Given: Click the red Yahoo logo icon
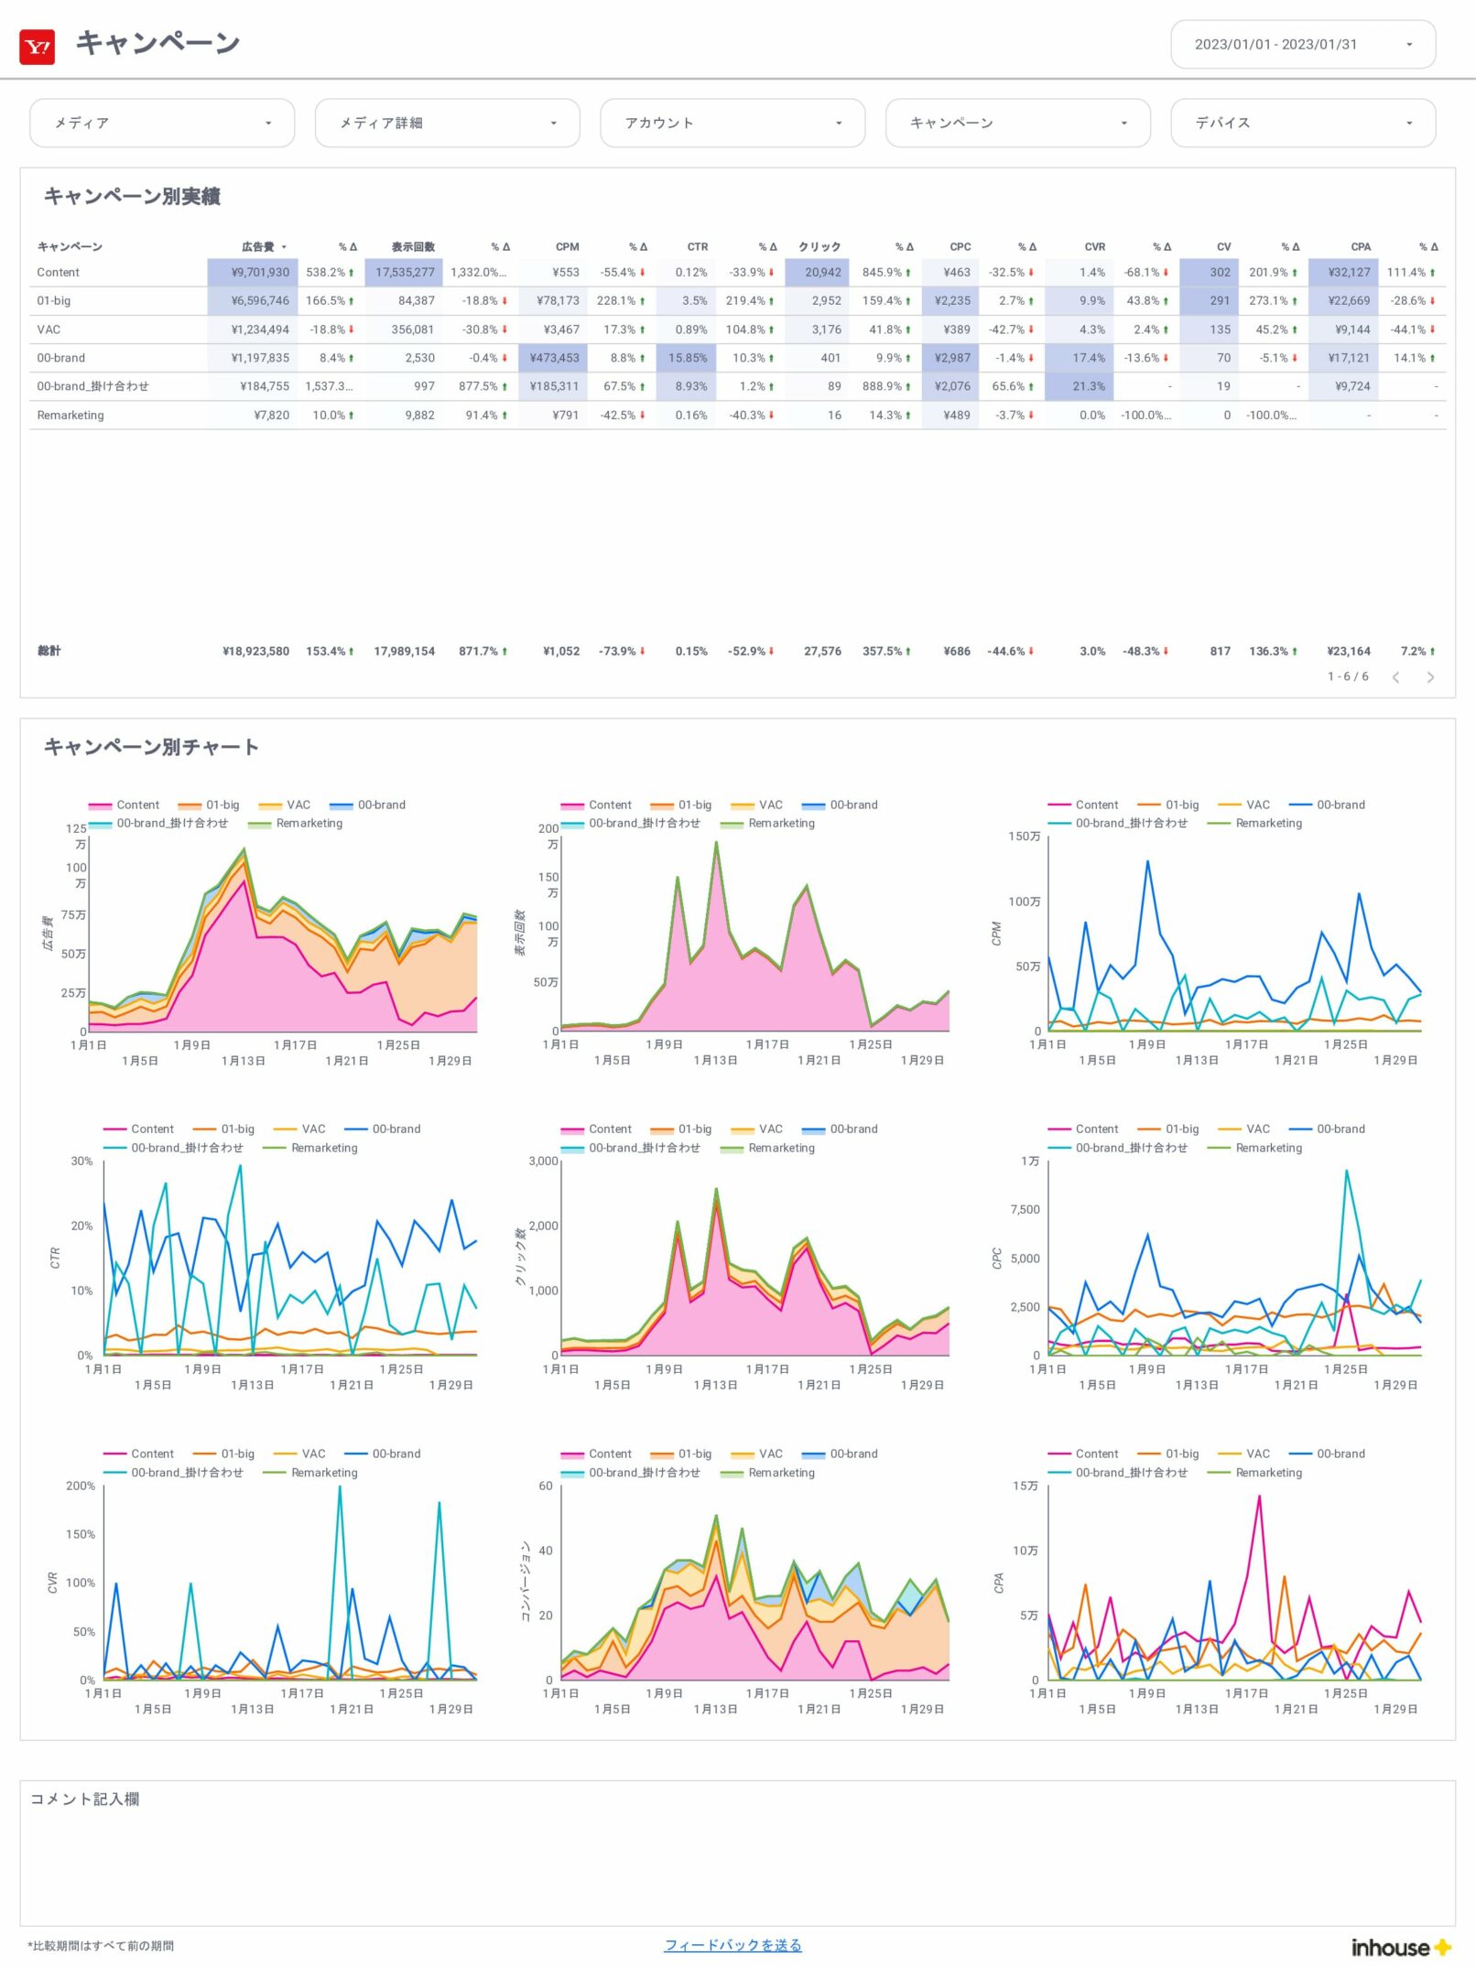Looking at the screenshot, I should pos(38,47).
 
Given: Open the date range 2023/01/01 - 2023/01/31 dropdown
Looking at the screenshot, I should pos(1302,45).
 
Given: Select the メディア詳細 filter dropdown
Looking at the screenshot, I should pos(447,123).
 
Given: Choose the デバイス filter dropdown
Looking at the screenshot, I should pos(1302,123).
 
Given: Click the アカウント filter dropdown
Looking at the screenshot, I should pos(732,123).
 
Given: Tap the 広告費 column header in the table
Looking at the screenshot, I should pos(258,247).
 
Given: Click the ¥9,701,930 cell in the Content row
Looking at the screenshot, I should pos(260,273).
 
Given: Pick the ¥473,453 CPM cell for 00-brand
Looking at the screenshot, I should pos(554,358).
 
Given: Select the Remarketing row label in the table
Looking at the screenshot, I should pos(71,416).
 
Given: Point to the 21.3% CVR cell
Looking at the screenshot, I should pos(1089,386).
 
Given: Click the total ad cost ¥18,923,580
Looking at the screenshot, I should pos(255,652).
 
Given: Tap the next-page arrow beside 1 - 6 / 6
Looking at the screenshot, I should pos(1430,677).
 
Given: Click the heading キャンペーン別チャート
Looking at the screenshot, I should pos(151,747).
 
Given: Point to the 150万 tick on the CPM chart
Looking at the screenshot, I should pos(1024,837).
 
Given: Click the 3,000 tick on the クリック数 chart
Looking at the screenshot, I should pos(543,1162).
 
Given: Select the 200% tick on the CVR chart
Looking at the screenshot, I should pos(81,1486).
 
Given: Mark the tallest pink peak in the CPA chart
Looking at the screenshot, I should pos(1259,1497).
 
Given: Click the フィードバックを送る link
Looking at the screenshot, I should pos(733,1945).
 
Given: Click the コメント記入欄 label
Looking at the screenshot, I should pos(85,1799).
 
